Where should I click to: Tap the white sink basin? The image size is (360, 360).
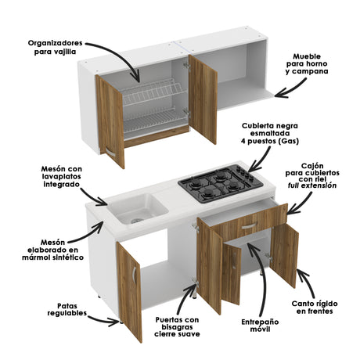(138, 208)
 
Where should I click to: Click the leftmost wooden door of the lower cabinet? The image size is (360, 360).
(129, 278)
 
